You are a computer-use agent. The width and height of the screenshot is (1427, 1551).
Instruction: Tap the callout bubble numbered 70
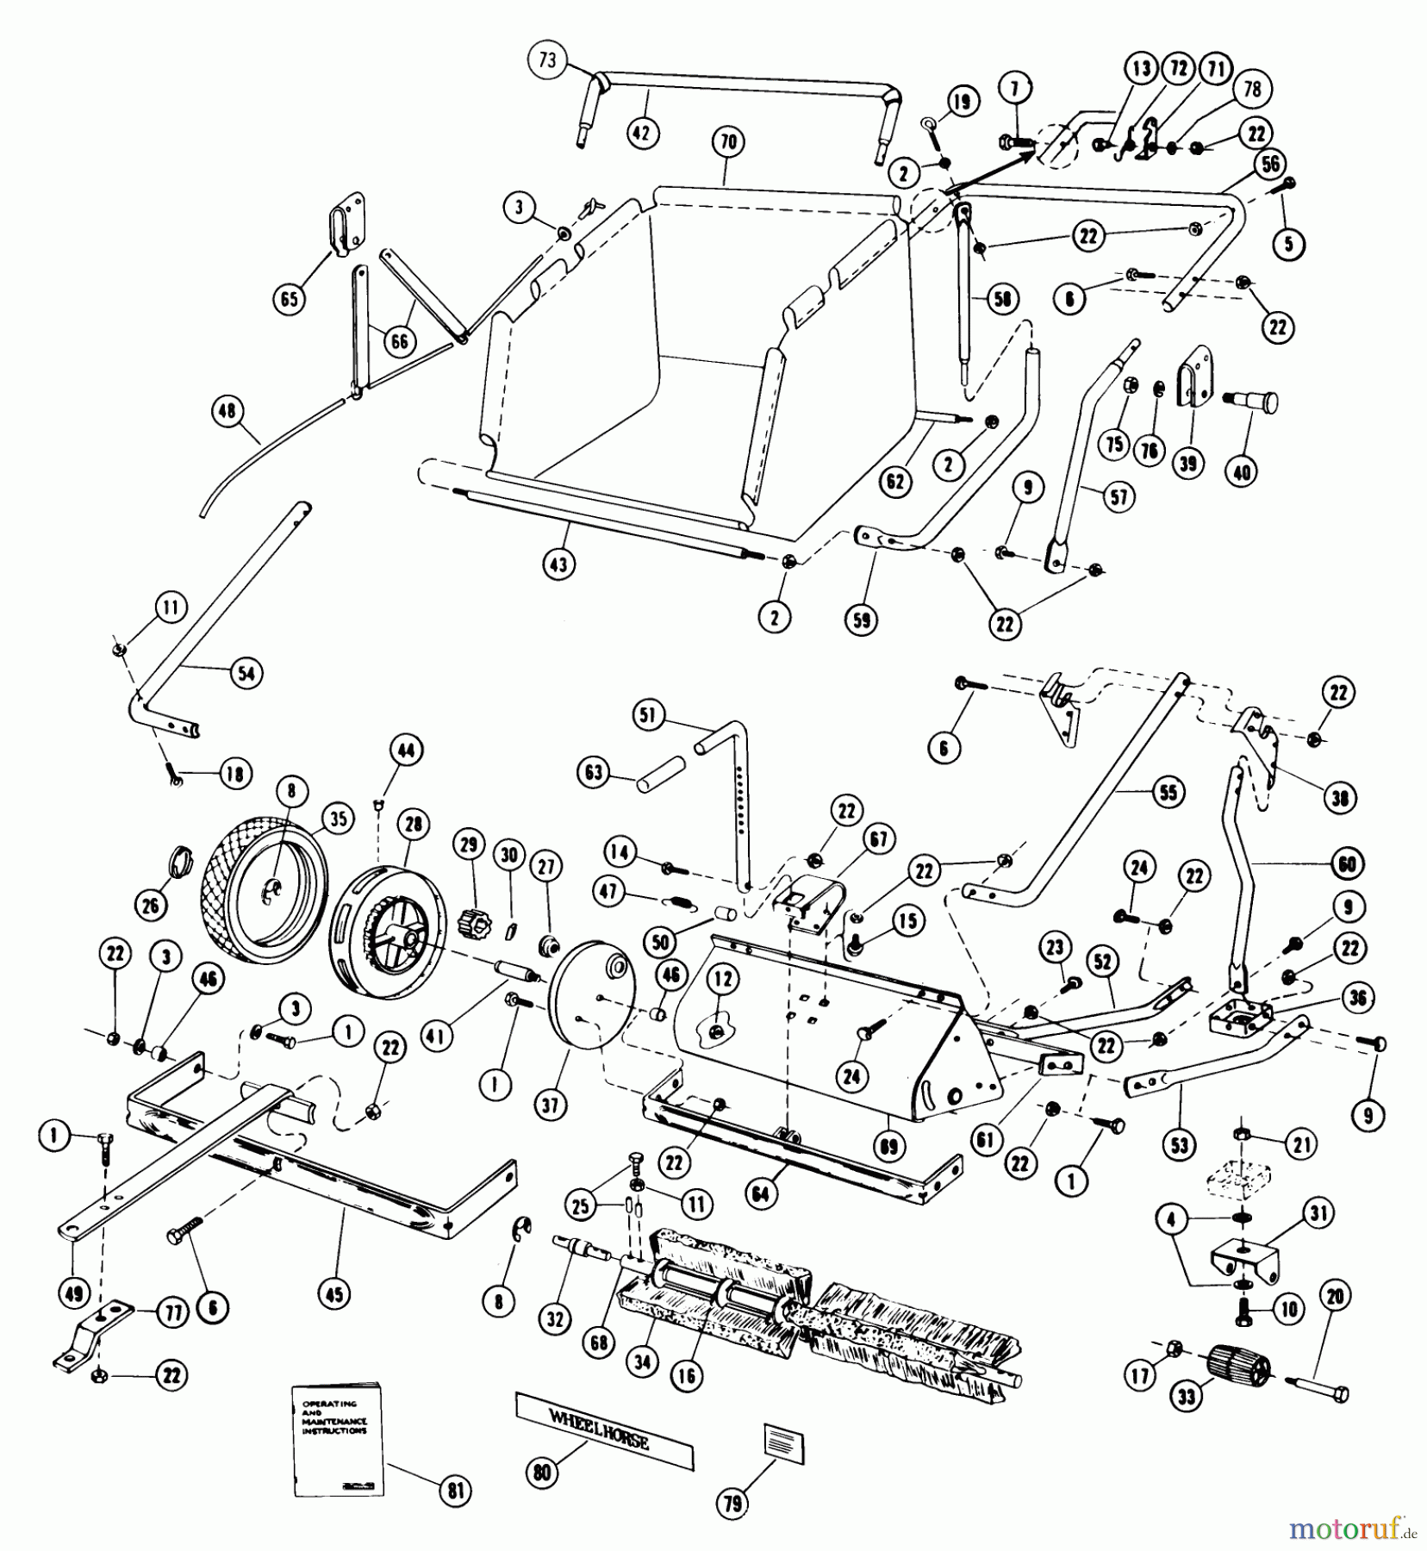(728, 141)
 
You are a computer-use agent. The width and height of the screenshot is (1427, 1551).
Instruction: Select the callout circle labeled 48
(227, 412)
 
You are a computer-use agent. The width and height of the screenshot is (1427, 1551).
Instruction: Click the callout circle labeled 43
(560, 564)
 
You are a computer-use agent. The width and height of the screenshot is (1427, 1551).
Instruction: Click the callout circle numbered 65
(289, 298)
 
